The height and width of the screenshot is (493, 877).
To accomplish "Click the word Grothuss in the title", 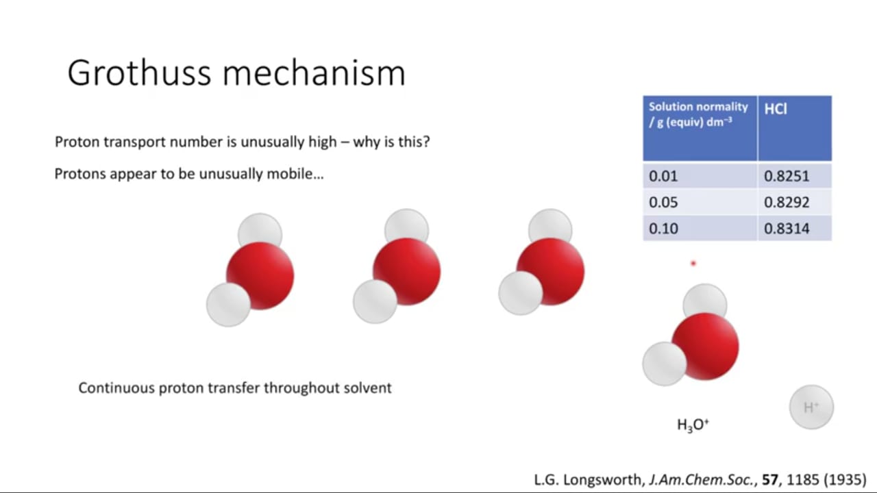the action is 139,73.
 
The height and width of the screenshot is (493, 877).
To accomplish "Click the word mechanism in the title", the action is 314,73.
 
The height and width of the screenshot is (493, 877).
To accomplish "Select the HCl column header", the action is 795,128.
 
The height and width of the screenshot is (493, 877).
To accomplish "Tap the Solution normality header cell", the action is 700,128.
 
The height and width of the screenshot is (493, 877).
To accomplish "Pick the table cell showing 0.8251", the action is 795,176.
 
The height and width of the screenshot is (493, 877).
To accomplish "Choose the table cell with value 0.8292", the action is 795,202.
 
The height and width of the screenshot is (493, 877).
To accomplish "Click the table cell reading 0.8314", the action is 795,228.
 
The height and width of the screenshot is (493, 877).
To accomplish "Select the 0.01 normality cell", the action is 700,176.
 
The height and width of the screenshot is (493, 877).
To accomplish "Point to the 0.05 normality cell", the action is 700,202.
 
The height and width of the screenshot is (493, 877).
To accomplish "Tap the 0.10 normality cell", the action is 700,228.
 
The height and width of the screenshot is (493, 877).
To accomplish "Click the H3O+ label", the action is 693,425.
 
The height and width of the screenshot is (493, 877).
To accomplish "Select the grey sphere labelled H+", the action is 811,407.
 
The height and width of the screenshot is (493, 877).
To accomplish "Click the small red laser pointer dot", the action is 693,264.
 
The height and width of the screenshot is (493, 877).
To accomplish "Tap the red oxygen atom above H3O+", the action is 706,346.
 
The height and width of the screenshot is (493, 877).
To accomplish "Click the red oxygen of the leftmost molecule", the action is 260,276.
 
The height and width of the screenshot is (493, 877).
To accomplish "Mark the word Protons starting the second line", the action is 80,174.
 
